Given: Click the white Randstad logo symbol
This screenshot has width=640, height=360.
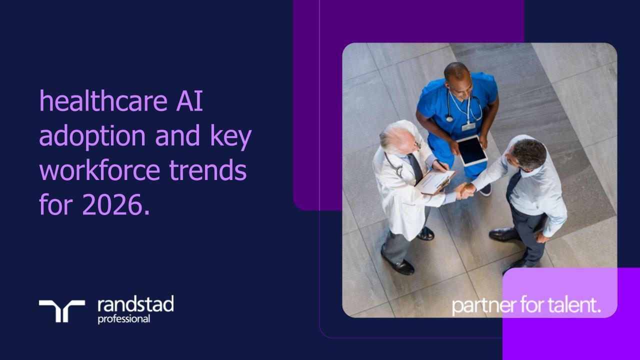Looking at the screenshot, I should pos(62,310).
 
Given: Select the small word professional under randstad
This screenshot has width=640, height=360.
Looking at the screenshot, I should pos(123,319).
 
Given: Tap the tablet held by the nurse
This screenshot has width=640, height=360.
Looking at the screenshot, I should pos(472,150).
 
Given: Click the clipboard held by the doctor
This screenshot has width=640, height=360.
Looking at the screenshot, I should pos(435,181).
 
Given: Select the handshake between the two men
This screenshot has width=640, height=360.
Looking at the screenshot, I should pos(465,190).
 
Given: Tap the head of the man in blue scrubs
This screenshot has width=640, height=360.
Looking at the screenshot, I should pos(457,76).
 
